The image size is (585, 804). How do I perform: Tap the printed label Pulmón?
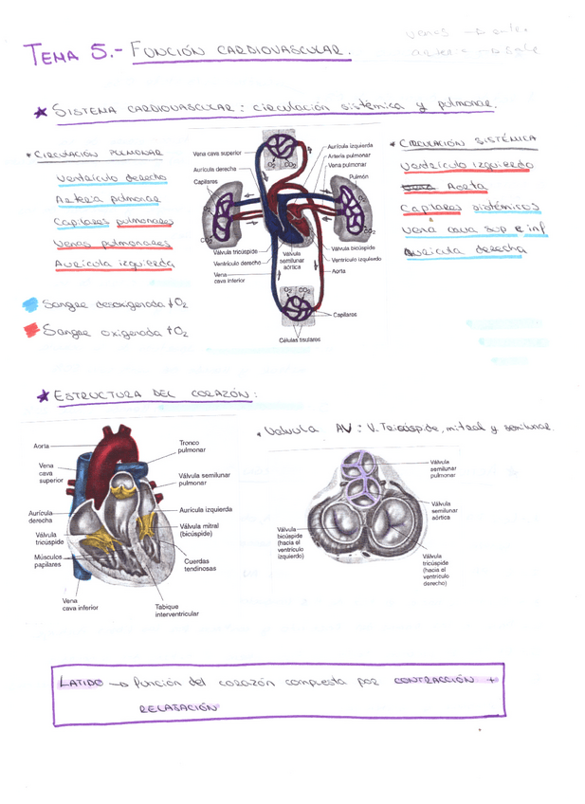point(357,177)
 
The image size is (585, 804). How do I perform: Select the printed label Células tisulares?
point(300,339)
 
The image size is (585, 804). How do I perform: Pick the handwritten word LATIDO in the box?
point(80,683)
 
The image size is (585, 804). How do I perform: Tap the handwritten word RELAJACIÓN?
point(178,706)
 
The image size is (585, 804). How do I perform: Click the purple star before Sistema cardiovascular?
point(40,112)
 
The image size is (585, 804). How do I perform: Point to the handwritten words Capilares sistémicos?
point(469,208)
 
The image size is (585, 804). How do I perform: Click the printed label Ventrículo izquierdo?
point(356,259)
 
